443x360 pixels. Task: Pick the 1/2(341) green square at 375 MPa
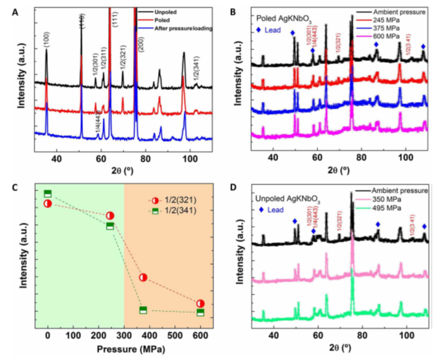(143, 310)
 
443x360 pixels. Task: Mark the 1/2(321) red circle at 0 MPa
(47, 203)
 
